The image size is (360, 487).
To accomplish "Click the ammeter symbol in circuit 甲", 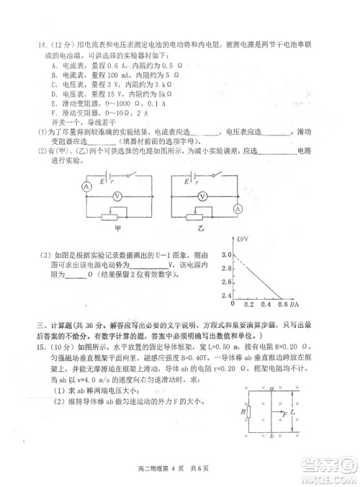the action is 45,186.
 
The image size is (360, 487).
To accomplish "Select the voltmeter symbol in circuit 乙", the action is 204,195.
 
